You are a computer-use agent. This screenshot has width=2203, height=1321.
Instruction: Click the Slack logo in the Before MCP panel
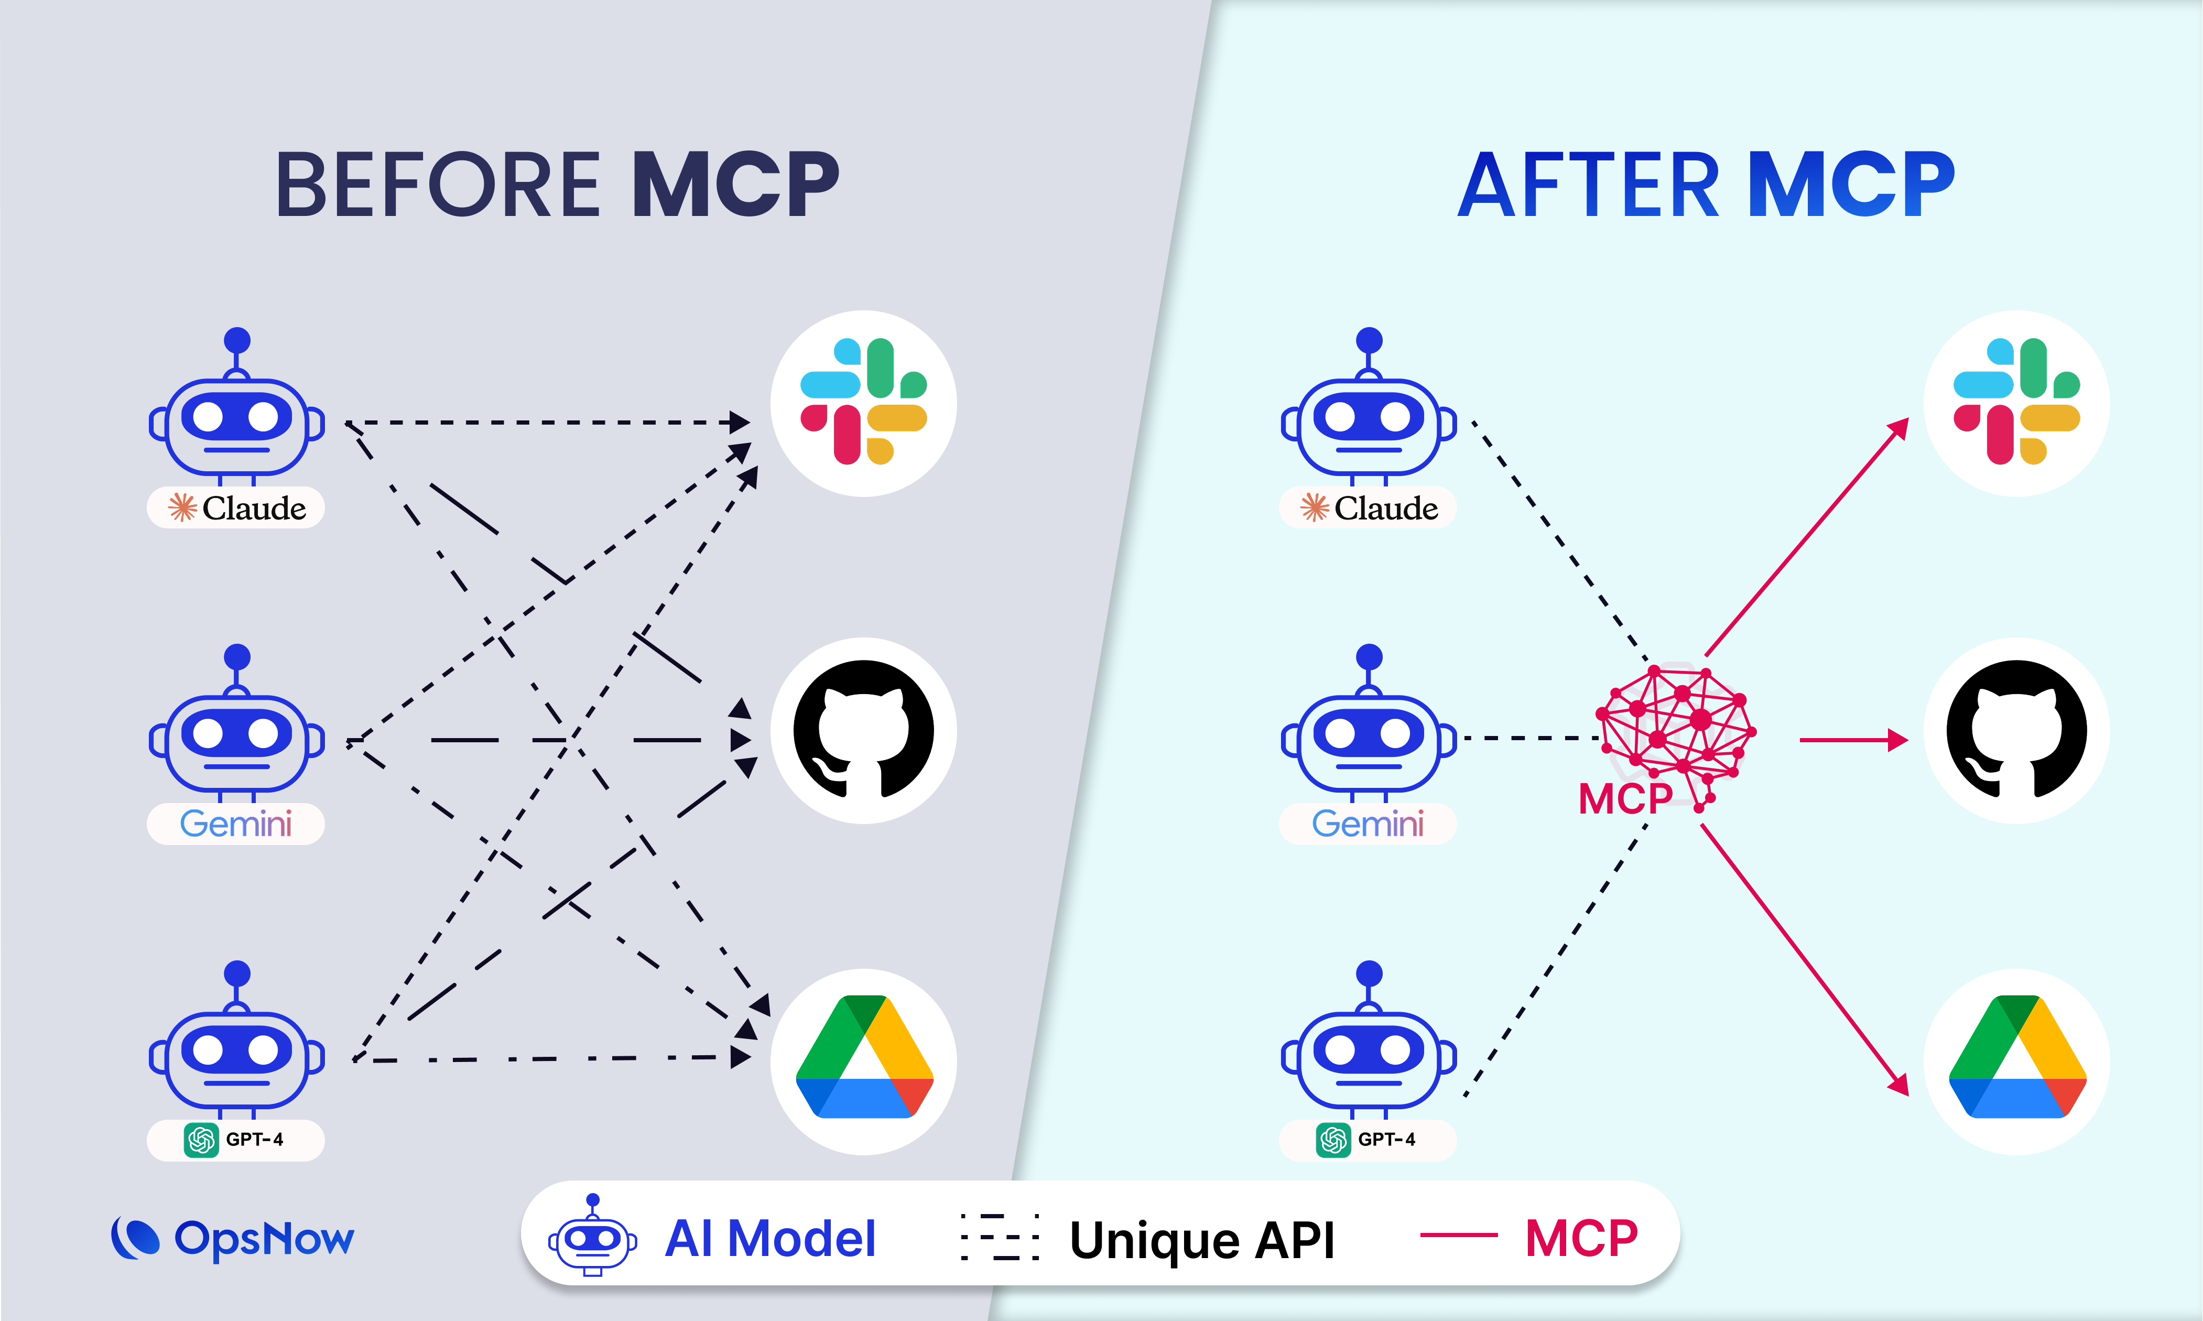coord(863,403)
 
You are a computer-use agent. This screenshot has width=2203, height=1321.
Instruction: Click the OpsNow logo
coord(233,1238)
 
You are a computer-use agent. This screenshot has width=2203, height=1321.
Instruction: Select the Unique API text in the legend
coord(1202,1239)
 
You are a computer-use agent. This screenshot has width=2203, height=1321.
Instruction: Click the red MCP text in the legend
coord(1581,1237)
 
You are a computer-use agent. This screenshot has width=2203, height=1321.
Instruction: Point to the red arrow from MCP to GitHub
coord(1851,740)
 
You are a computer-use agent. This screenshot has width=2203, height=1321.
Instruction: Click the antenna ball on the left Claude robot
coord(237,340)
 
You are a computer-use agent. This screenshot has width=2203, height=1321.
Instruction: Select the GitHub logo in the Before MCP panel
coord(863,730)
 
